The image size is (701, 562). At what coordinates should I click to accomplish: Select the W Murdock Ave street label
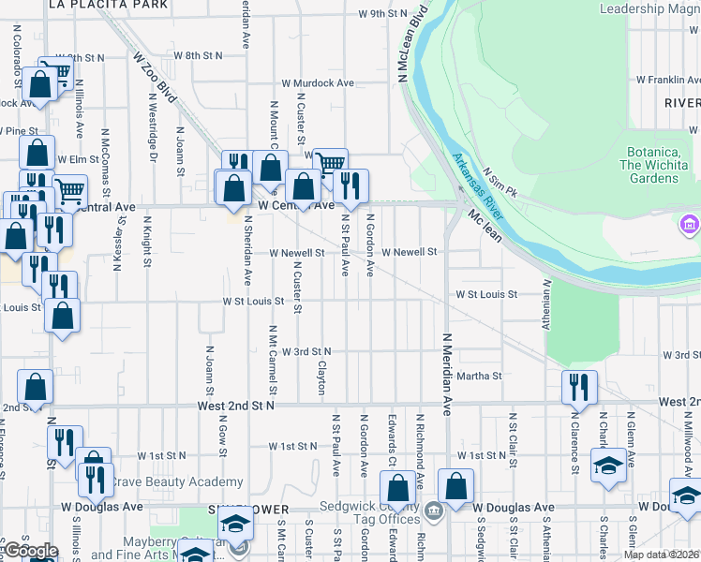point(321,83)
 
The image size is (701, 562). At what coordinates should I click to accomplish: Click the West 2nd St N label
point(235,407)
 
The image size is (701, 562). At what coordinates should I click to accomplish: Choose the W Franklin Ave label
point(667,81)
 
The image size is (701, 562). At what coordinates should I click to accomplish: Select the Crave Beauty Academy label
point(178,482)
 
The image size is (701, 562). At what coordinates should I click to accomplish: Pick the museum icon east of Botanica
point(689,225)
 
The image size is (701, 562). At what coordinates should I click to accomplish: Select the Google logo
point(30,552)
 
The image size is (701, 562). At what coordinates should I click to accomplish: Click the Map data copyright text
point(661,555)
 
